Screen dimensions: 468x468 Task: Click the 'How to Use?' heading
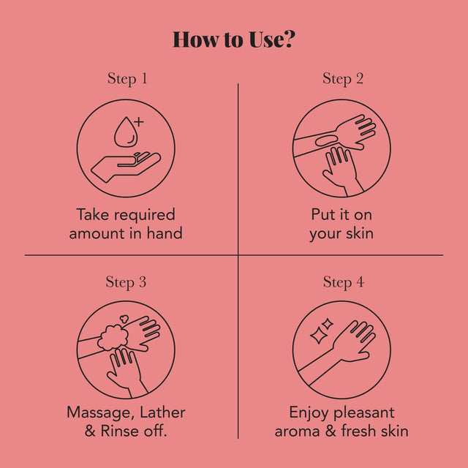pyautogui.click(x=234, y=39)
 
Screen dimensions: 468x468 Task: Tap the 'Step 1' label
pyautogui.click(x=127, y=79)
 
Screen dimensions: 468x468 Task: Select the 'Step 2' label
pyautogui.click(x=343, y=79)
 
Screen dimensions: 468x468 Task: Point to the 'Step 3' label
pyautogui.click(x=126, y=282)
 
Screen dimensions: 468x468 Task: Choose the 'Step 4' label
pyautogui.click(x=344, y=282)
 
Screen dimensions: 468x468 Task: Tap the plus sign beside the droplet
pyautogui.click(x=139, y=122)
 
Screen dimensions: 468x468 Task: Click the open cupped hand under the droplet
pyautogui.click(x=126, y=167)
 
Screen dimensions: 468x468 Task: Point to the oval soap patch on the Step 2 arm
pyautogui.click(x=326, y=140)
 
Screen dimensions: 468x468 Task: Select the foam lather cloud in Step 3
pyautogui.click(x=113, y=337)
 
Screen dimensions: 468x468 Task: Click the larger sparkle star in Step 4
pyautogui.click(x=317, y=336)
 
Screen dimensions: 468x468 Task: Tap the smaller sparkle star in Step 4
pyautogui.click(x=328, y=324)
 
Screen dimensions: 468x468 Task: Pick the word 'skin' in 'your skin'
pyautogui.click(x=360, y=233)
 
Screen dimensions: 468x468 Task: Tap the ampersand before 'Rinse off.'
pyautogui.click(x=90, y=431)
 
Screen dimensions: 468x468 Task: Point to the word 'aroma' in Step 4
pyautogui.click(x=297, y=431)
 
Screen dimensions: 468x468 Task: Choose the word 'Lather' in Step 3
pyautogui.click(x=162, y=412)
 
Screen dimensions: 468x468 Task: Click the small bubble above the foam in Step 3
pyautogui.click(x=124, y=319)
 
